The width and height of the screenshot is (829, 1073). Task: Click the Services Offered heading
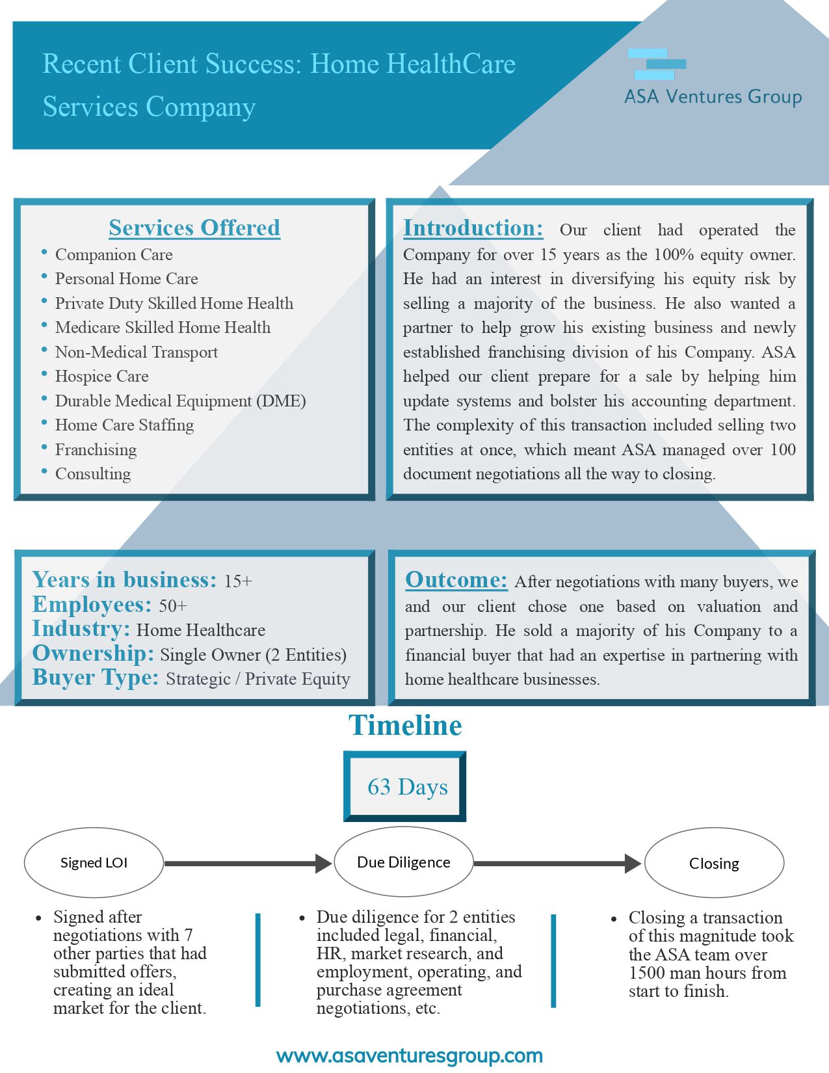pos(194,228)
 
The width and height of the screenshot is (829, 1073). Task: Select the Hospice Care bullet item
pos(101,377)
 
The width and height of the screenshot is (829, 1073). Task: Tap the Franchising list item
pos(96,450)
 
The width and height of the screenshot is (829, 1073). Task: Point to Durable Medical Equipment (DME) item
pos(180,401)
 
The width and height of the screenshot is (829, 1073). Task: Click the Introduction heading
pos(473,228)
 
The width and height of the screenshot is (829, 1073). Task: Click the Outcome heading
pos(456,579)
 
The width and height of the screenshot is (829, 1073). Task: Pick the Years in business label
pos(124,579)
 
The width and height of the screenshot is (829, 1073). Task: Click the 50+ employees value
pos(173,606)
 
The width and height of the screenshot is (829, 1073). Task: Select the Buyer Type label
pos(96,678)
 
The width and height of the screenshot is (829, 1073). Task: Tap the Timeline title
pos(405,725)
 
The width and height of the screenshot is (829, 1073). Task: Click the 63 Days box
pos(405,787)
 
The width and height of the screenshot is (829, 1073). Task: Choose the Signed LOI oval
pos(94,863)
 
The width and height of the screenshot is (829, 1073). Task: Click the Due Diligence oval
pos(403,862)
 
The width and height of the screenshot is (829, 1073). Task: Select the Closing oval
pos(714,864)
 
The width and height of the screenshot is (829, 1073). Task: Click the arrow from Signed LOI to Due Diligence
pos(248,864)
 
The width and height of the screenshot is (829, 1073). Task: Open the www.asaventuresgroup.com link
pos(410,1055)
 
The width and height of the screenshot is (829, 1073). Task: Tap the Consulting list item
pos(93,474)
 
